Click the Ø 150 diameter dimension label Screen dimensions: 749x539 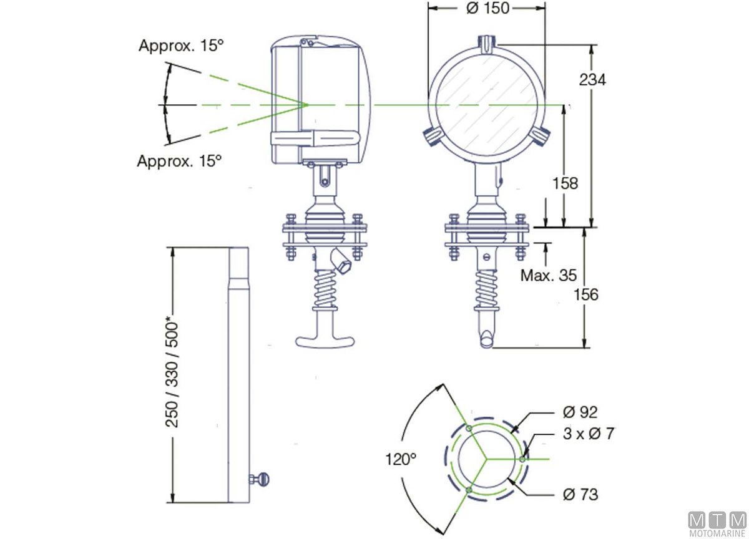click(488, 8)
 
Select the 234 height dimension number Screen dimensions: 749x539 click(592, 80)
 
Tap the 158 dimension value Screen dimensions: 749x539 click(565, 183)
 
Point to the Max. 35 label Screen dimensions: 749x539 click(549, 275)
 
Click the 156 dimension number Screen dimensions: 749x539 click(586, 294)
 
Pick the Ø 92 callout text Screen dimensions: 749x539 click(580, 412)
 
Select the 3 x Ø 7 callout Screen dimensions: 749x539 click(589, 434)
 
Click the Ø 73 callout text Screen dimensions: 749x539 click(580, 494)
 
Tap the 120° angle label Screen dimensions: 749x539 click(401, 459)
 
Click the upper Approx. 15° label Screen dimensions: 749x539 click(181, 46)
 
